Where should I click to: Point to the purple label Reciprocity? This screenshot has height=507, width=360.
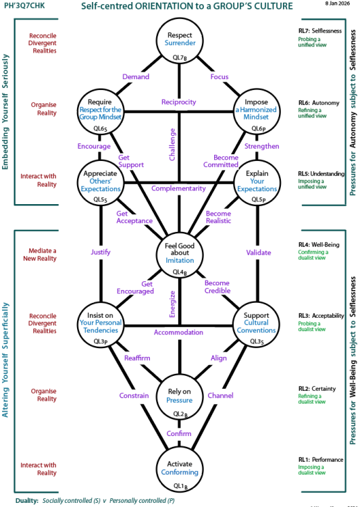179,102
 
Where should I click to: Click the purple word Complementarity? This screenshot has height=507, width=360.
179,188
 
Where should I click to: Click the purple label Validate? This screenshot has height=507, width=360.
256,254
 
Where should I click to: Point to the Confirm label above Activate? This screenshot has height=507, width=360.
179,433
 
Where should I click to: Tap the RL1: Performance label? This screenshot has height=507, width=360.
321,460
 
